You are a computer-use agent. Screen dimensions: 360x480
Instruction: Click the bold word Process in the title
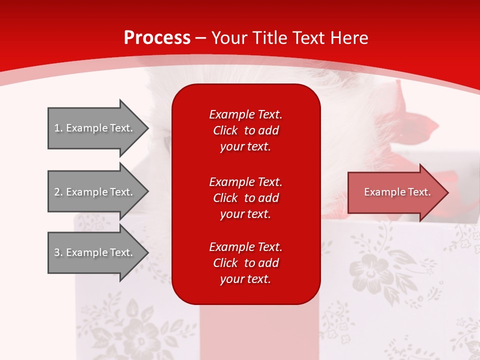coord(157,37)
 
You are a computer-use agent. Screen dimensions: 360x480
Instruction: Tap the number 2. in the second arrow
coord(58,192)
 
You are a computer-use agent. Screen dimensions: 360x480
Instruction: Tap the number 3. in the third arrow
coord(58,252)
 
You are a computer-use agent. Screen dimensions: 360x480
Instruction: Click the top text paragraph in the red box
coord(245,130)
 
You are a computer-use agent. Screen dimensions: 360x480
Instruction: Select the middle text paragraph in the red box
coord(245,198)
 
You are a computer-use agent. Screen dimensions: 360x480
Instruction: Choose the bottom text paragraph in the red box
coord(245,263)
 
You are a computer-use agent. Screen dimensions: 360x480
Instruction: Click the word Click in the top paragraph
coord(225,130)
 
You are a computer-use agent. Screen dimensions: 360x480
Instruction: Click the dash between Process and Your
coord(201,38)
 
